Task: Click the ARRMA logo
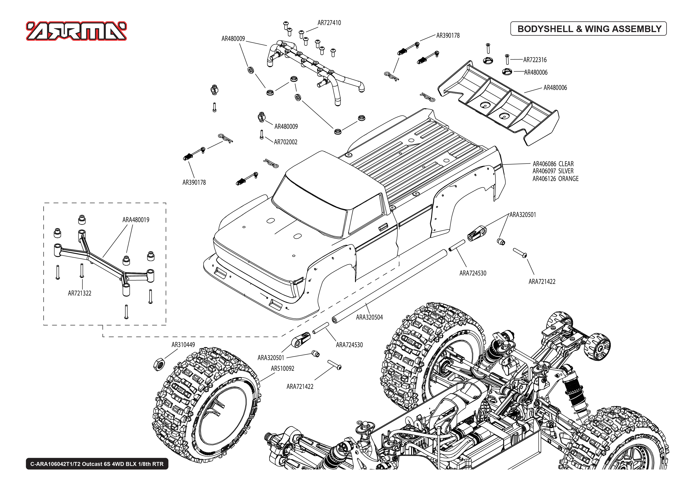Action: coord(76,31)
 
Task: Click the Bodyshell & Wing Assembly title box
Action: coord(588,29)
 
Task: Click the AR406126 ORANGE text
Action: coord(555,179)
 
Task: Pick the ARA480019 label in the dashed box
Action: coord(136,220)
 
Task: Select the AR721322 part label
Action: coord(79,293)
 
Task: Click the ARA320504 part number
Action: coord(369,317)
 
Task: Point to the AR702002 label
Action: coord(285,142)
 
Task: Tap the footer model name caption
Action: coord(97,464)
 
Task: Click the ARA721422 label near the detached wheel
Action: coord(300,386)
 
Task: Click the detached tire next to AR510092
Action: coord(206,405)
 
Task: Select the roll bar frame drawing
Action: coord(315,67)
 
